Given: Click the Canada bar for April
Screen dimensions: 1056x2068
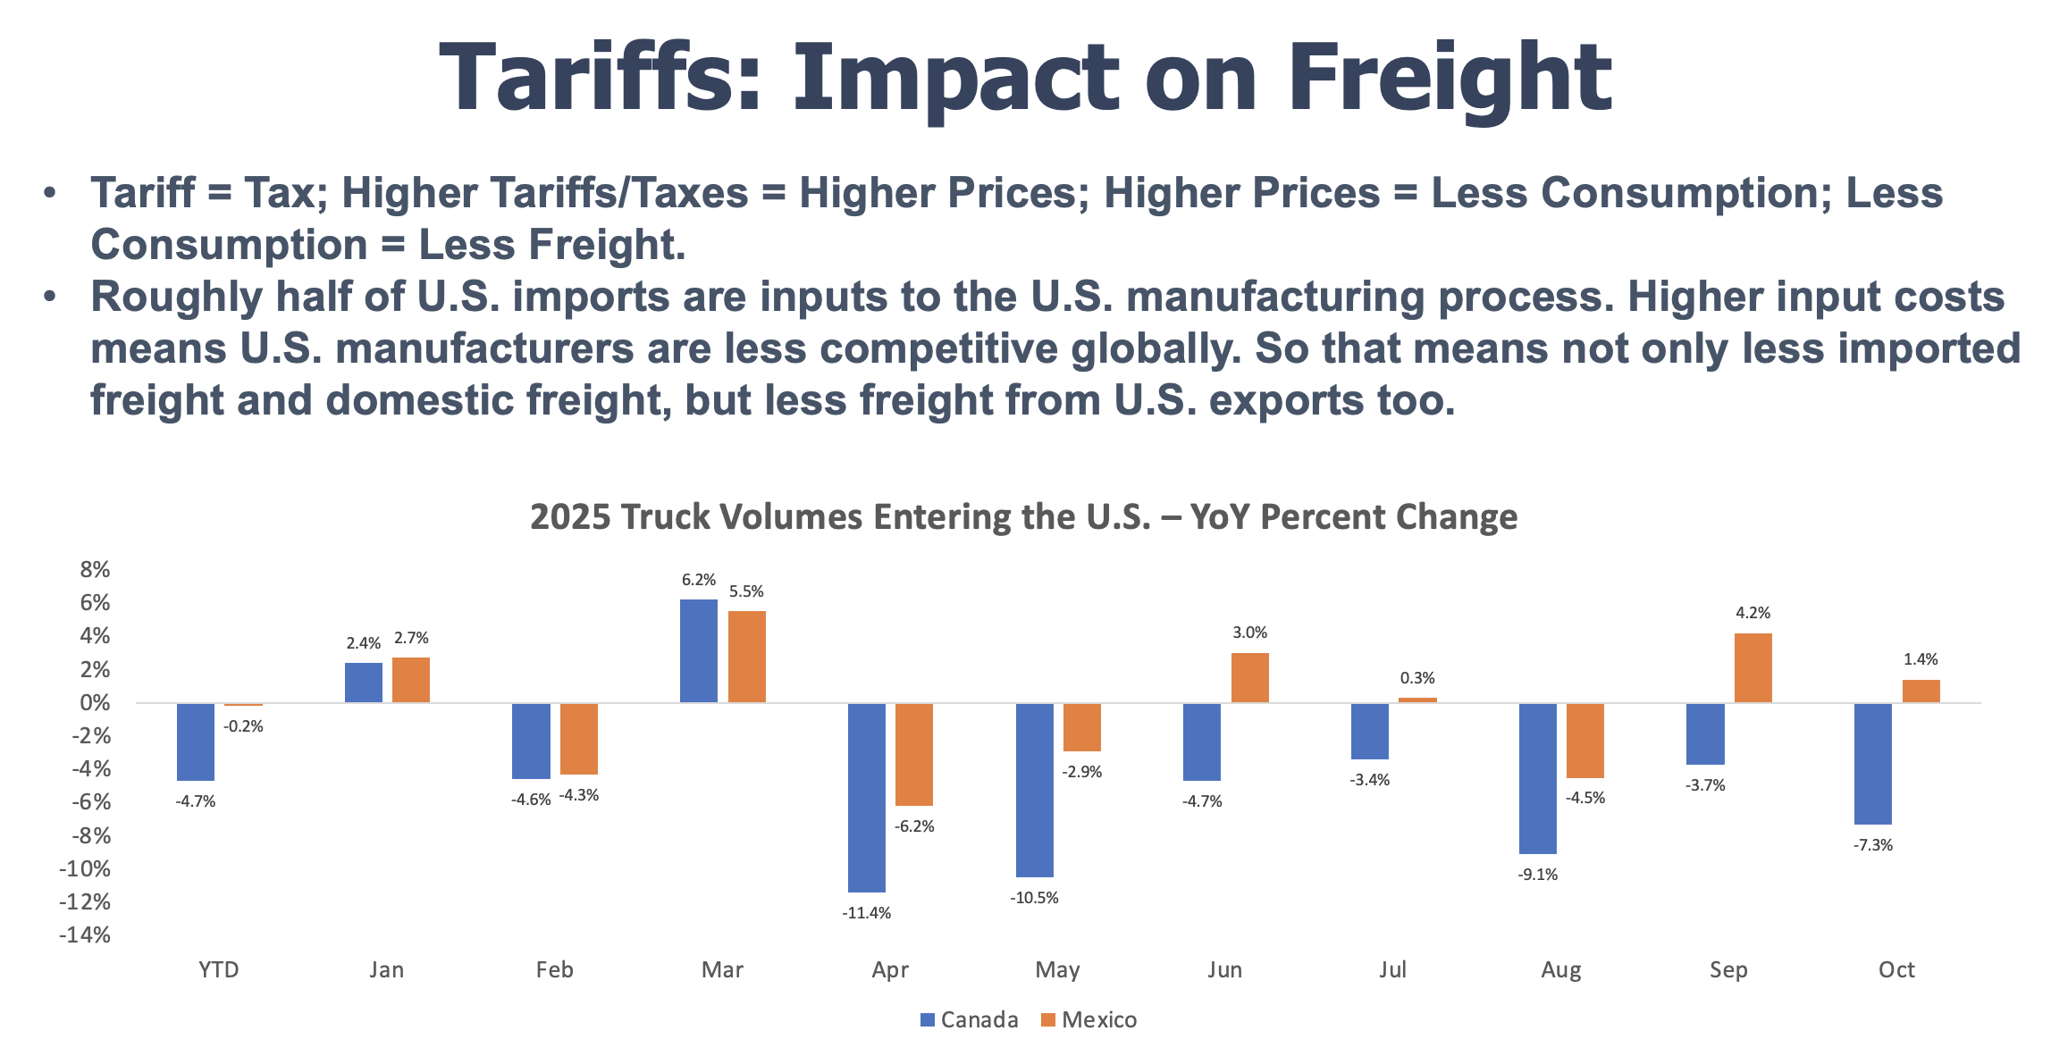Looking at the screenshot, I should (x=866, y=797).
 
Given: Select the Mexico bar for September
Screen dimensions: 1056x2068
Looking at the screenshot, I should (x=1753, y=667).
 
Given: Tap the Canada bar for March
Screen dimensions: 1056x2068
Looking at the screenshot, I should (x=698, y=650).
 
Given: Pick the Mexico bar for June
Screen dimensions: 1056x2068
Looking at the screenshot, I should (x=1249, y=677).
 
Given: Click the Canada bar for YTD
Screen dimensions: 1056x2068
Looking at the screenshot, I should (x=195, y=742).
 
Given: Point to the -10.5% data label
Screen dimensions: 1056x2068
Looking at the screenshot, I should (x=1034, y=898).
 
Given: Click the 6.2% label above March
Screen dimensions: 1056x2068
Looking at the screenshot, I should (x=698, y=580).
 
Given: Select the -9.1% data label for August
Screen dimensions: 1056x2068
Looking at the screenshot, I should (x=1537, y=875).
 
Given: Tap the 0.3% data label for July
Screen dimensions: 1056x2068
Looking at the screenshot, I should (x=1417, y=678).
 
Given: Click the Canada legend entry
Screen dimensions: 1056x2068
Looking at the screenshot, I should (x=969, y=1020).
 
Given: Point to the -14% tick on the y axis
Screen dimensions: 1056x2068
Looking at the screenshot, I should (x=85, y=935).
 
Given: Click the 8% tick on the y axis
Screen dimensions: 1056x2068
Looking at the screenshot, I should (x=95, y=570).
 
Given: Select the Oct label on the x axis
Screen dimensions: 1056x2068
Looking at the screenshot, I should (x=1896, y=970).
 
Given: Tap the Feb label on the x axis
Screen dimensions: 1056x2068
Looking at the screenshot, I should (x=554, y=970).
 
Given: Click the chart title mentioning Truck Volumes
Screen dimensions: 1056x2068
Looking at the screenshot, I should (x=1023, y=517).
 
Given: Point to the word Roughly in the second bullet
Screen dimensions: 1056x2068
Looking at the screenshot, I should (x=176, y=297).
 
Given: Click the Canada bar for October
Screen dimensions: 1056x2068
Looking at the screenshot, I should (x=1872, y=763).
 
